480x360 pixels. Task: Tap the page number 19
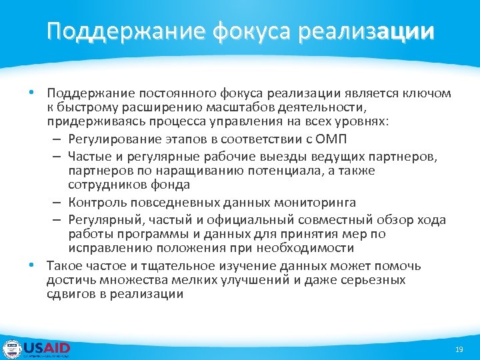click(459, 349)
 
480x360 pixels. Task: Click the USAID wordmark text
click(47, 347)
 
